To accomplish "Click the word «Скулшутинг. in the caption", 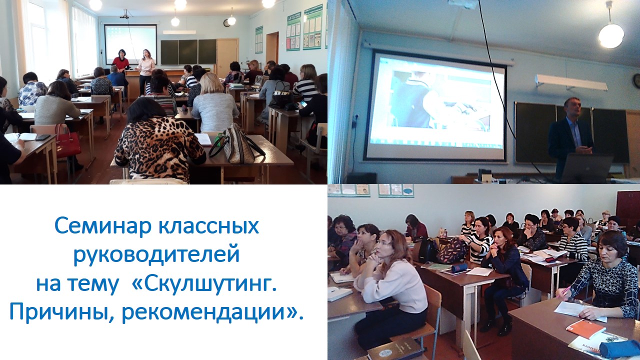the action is (205, 283).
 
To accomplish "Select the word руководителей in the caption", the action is (156, 255).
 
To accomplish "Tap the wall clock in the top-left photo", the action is (226, 23).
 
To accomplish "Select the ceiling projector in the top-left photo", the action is (125, 15).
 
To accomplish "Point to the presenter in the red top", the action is (120, 62).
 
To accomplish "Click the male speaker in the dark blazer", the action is (570, 134).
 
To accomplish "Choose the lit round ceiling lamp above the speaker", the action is (611, 35).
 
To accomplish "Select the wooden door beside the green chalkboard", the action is (227, 55).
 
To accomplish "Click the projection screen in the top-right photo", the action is (435, 105).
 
